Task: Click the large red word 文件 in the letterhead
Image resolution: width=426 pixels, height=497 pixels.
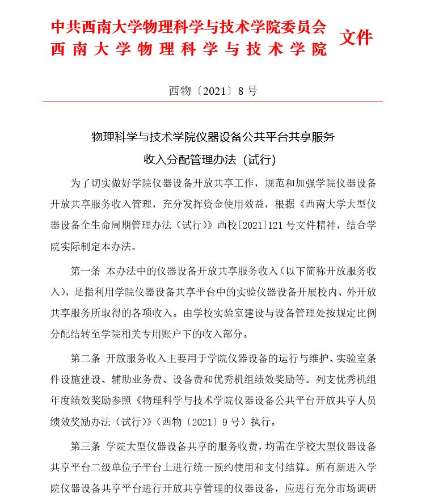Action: (x=356, y=37)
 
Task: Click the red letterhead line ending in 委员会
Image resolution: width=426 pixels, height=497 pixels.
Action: (x=189, y=26)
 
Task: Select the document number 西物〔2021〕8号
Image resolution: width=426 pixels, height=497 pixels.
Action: (x=213, y=91)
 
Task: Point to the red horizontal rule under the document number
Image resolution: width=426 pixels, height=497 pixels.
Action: (x=213, y=102)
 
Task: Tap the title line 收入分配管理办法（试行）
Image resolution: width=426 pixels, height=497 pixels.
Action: (x=213, y=159)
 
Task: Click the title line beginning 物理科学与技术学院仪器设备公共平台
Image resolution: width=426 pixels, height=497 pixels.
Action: (x=213, y=137)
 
